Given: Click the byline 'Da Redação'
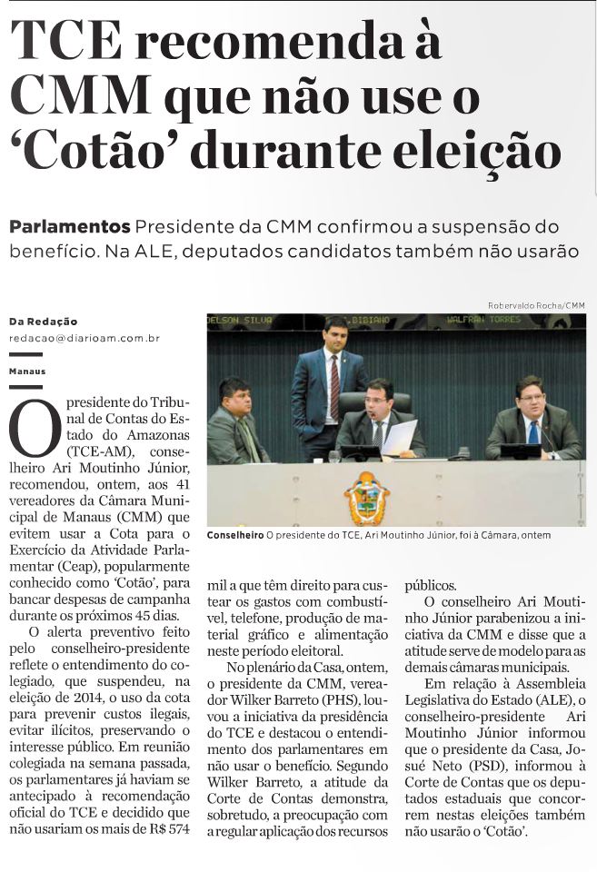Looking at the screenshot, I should (43, 321).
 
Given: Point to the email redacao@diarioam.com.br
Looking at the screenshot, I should (84, 338).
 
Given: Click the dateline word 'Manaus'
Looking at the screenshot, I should (27, 372).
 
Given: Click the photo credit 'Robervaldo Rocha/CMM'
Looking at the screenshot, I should (537, 305).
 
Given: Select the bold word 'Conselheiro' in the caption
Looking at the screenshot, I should (234, 536).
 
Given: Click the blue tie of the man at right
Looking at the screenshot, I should (532, 428).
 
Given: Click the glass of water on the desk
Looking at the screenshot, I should (334, 457).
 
